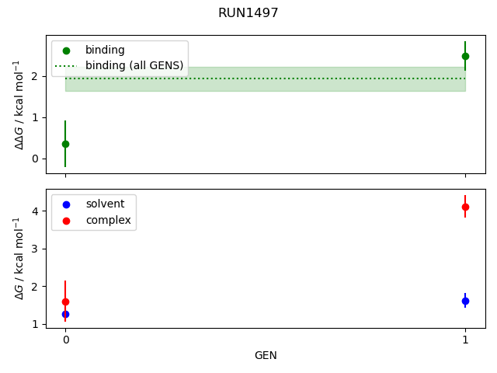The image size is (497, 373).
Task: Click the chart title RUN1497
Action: pos(248,13)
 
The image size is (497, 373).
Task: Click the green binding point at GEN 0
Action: pos(65,144)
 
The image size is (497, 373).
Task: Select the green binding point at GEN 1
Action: pos(465,56)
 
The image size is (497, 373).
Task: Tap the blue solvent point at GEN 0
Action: pos(65,314)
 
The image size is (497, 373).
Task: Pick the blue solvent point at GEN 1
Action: pos(465,301)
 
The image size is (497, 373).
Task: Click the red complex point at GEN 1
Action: pos(465,207)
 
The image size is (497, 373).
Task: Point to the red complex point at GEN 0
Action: pos(65,302)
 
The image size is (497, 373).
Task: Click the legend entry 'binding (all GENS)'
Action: pos(134,65)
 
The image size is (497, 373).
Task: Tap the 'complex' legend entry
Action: pos(108,221)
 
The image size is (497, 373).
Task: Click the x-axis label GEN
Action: pos(266,355)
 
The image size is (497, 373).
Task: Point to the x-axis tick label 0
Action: pos(65,340)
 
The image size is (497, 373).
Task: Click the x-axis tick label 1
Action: pos(465,340)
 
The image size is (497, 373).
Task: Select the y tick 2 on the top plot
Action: pos(34,76)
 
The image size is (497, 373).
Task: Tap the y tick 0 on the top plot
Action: pos(34,159)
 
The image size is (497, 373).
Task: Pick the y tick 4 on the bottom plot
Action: pos(34,211)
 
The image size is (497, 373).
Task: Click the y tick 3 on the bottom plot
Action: pos(34,249)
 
